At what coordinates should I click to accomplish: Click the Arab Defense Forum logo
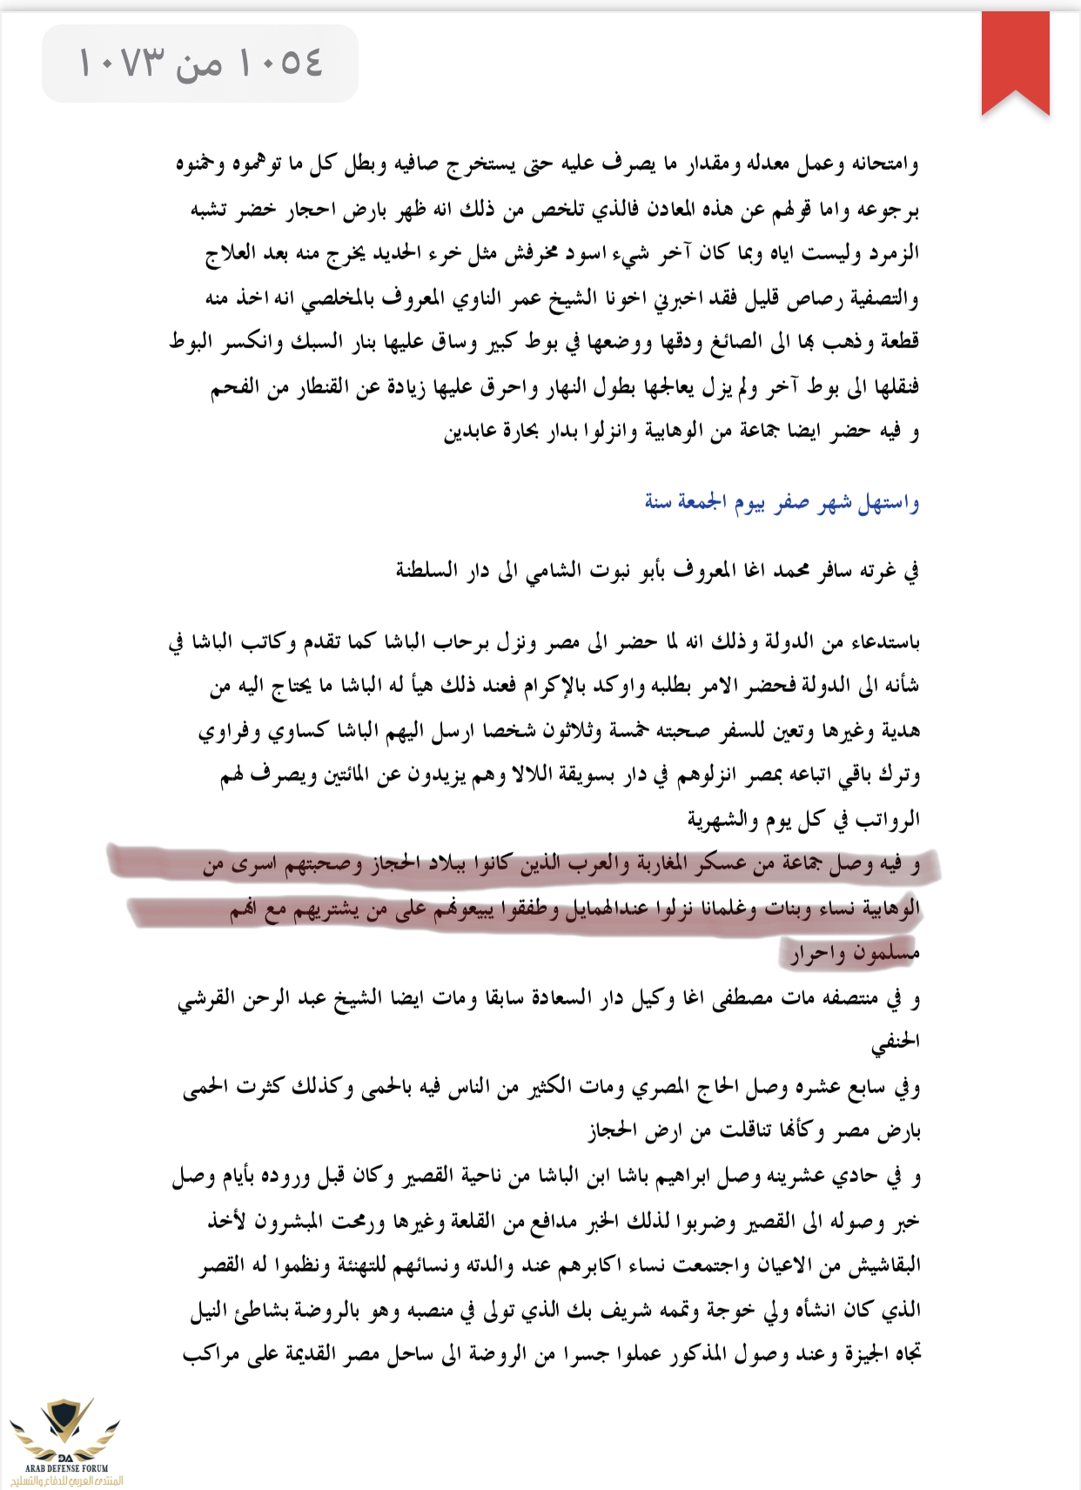click(65, 1440)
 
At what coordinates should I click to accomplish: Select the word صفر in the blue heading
click(792, 502)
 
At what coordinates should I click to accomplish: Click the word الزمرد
click(892, 254)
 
